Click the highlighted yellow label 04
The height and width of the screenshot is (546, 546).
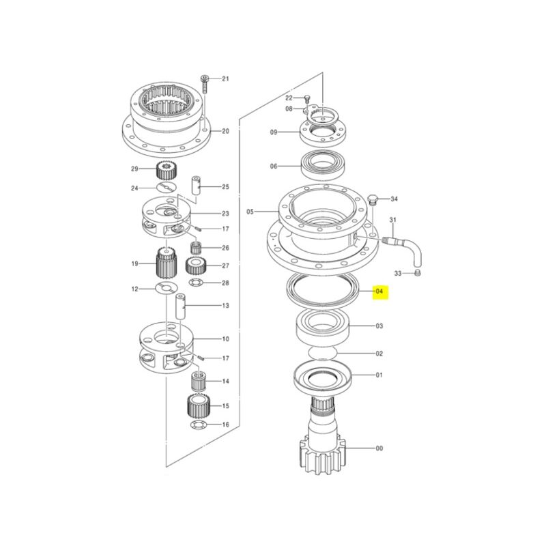click(379, 291)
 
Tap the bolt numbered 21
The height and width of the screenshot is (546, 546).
click(204, 83)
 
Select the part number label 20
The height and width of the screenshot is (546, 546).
click(226, 131)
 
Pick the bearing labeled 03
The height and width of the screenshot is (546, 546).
click(324, 326)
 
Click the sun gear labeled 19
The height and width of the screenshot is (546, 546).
click(167, 262)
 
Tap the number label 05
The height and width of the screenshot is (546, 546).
click(250, 212)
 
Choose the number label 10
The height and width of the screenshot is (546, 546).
click(226, 339)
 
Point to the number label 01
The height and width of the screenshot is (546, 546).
click(379, 375)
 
